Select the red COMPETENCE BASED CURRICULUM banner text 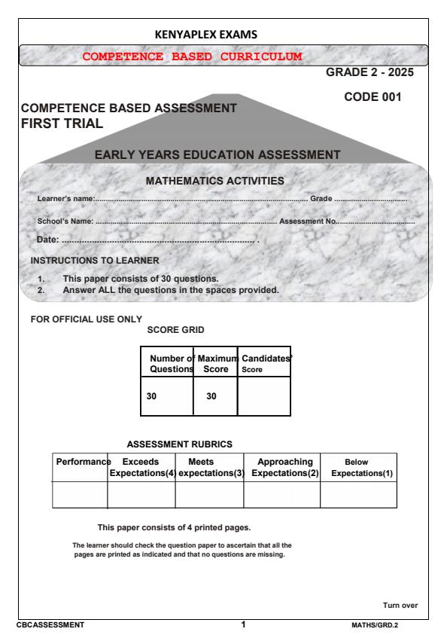coord(192,56)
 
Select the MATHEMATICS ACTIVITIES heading coord(214,181)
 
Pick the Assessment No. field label coord(308,221)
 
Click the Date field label coord(48,239)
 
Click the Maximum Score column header coord(215,365)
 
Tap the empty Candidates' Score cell coord(263,398)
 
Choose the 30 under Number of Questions coord(151,397)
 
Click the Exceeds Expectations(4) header coord(141,467)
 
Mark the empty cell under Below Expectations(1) coord(358,495)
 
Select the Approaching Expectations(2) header coord(281,467)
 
